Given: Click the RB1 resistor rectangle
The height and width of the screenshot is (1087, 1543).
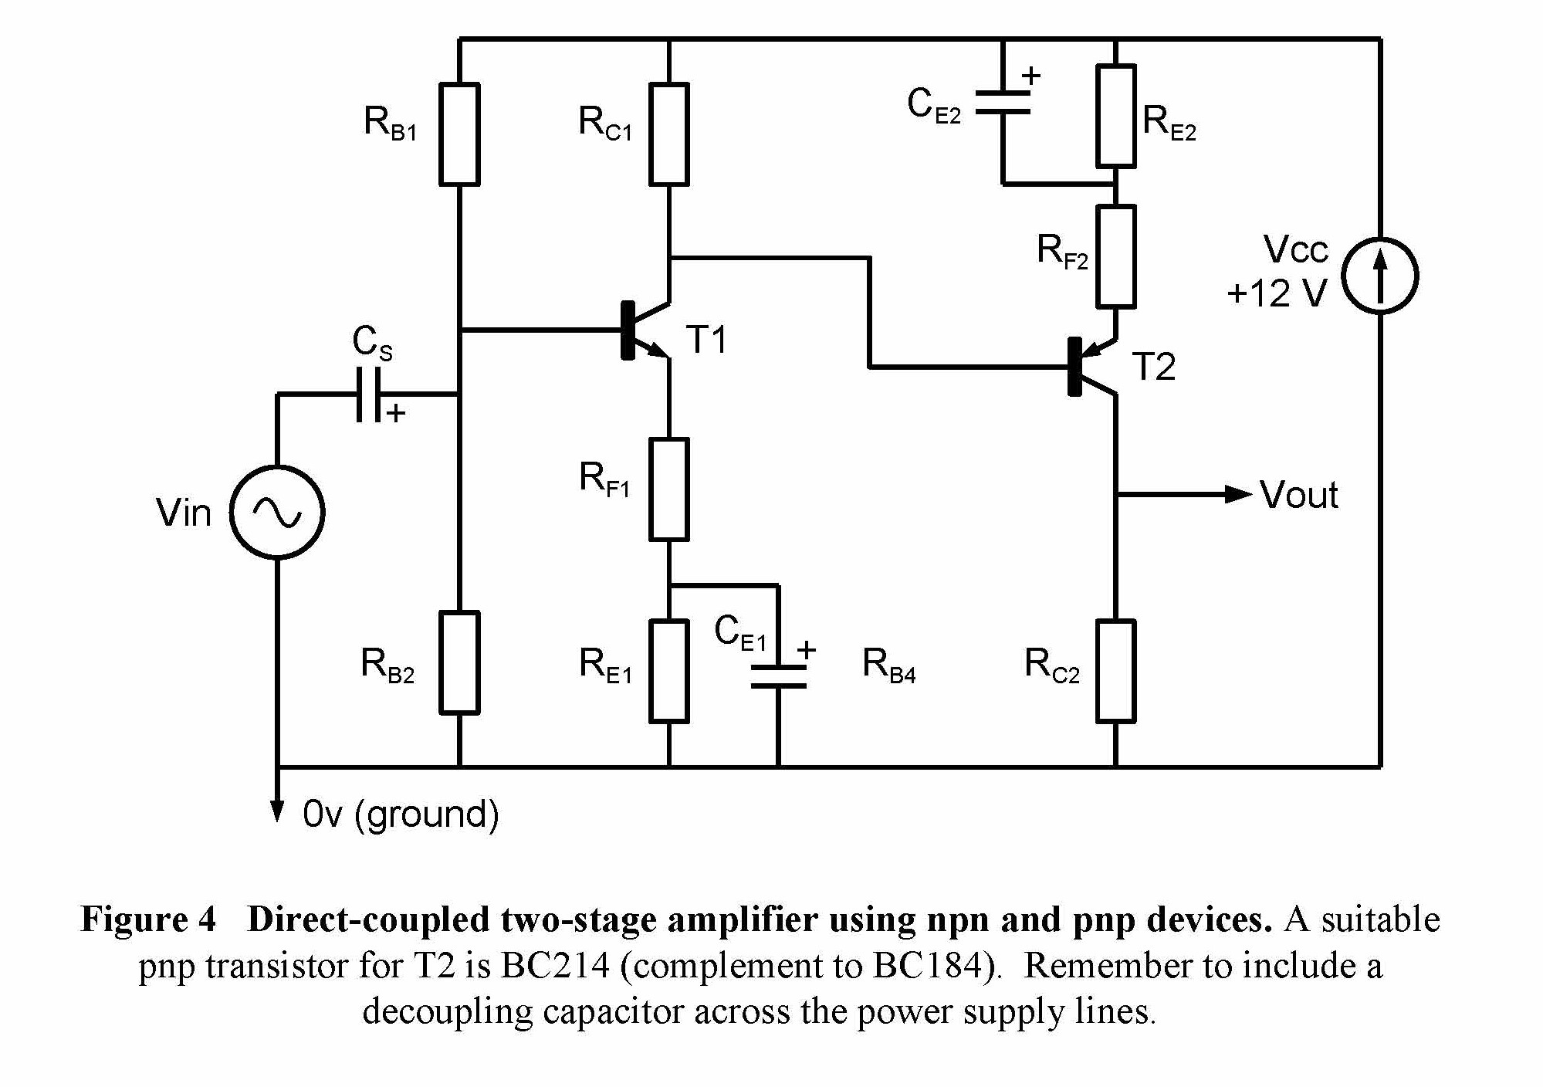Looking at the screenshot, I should pos(459,134).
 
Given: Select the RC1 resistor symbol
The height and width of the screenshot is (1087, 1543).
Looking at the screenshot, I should pos(668,134).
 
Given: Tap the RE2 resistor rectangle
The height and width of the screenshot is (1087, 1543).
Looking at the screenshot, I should pos(1115,116).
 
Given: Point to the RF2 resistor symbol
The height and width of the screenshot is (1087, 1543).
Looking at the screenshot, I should pos(1115,256).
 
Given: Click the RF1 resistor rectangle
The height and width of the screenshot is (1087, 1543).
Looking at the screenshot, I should pos(668,489).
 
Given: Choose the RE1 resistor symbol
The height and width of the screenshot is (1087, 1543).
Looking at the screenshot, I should pos(668,670).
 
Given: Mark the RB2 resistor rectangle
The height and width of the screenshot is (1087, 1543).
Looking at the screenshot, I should pos(459,662).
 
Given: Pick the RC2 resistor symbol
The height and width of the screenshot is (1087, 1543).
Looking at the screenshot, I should pos(1115,670).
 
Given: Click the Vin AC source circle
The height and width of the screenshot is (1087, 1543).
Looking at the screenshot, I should pos(277,512).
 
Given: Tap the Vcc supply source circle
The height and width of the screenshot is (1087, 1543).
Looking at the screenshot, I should pos(1379,276).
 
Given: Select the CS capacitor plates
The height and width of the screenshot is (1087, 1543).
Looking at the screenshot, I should pos(368,395).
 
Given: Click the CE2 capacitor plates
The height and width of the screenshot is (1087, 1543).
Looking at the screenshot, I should pos(1003,102).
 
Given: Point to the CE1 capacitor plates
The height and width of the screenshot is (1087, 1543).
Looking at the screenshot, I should pos(778,676).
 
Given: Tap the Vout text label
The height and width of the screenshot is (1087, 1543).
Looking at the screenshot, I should pos(1298,495).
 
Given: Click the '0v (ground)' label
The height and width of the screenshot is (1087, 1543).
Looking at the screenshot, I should pos(401,814).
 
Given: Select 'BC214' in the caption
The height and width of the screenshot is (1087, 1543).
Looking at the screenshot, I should pos(556,966).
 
